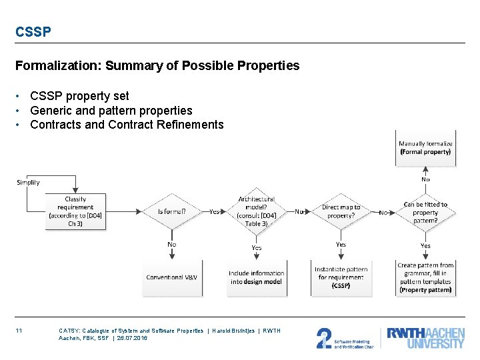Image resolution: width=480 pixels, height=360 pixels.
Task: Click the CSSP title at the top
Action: pyautogui.click(x=33, y=31)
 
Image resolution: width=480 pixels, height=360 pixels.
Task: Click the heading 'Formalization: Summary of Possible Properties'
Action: pyautogui.click(x=157, y=65)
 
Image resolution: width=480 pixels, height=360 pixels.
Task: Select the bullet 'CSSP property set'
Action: pyautogui.click(x=79, y=96)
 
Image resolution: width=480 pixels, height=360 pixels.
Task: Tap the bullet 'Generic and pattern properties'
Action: pyautogui.click(x=111, y=111)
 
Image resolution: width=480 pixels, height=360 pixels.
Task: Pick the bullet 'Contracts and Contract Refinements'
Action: pyautogui.click(x=127, y=125)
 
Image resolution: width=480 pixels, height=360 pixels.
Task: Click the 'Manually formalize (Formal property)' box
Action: pyautogui.click(x=425, y=147)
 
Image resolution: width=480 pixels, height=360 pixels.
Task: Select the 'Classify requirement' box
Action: pyautogui.click(x=75, y=211)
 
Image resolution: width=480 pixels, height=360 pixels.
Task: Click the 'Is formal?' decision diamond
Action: pyautogui.click(x=171, y=212)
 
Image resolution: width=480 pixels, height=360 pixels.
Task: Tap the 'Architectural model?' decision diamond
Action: pyautogui.click(x=256, y=211)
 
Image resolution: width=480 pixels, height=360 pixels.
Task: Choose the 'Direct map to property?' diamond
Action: pyautogui.click(x=341, y=211)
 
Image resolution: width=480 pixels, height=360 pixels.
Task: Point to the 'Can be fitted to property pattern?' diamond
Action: pyautogui.click(x=425, y=212)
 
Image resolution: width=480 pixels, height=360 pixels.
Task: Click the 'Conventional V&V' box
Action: pyautogui.click(x=171, y=277)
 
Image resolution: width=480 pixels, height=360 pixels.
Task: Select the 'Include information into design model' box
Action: pyautogui.click(x=256, y=277)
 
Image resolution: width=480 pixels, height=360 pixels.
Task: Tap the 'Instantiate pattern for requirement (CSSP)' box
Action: pyautogui.click(x=341, y=277)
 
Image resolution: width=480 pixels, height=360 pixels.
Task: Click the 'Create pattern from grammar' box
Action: pyautogui.click(x=425, y=277)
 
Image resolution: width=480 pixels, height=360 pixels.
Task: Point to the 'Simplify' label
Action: pyautogui.click(x=28, y=182)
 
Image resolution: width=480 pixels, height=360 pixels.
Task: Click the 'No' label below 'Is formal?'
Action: pyautogui.click(x=171, y=245)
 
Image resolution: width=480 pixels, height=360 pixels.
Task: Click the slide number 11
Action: pyautogui.click(x=19, y=331)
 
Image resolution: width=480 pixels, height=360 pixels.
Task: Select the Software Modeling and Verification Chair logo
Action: pyautogui.click(x=345, y=338)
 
